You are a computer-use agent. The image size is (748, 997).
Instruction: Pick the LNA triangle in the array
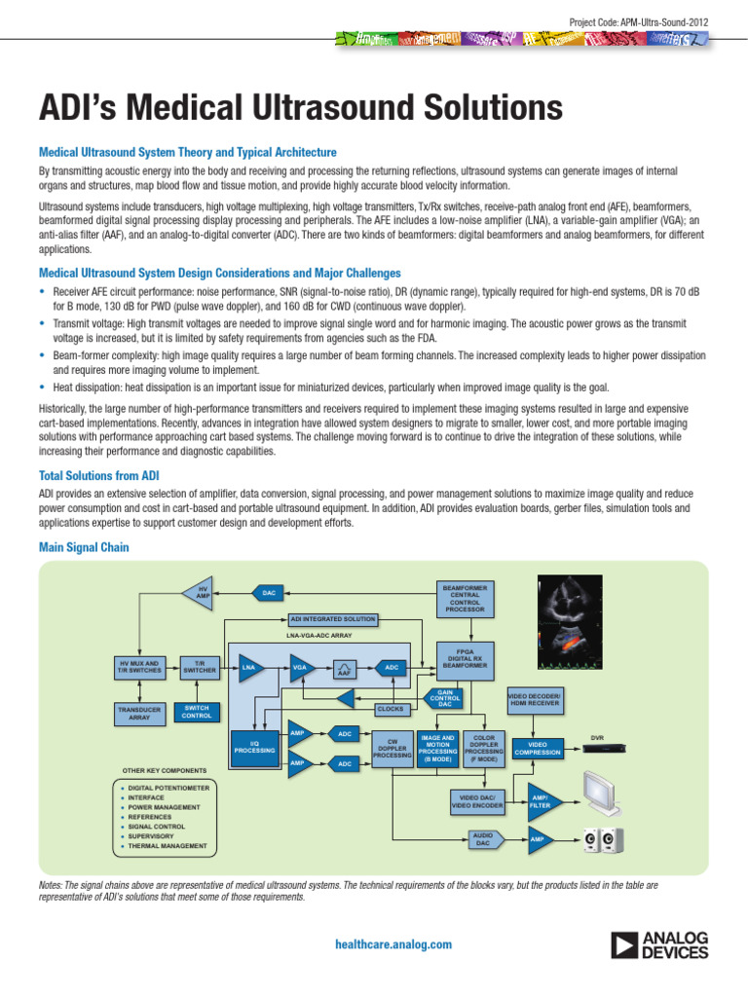click(251, 668)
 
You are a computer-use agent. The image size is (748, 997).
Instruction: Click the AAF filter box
click(345, 668)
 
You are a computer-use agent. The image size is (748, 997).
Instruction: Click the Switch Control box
click(198, 712)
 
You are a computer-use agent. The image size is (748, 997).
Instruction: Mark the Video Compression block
click(538, 748)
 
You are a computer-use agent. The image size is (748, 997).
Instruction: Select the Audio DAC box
click(482, 839)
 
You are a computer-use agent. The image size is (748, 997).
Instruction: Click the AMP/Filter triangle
click(541, 801)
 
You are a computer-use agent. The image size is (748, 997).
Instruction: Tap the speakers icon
click(604, 840)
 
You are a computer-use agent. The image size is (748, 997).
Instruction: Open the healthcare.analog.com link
click(393, 944)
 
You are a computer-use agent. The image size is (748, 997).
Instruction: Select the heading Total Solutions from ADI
click(97, 476)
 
